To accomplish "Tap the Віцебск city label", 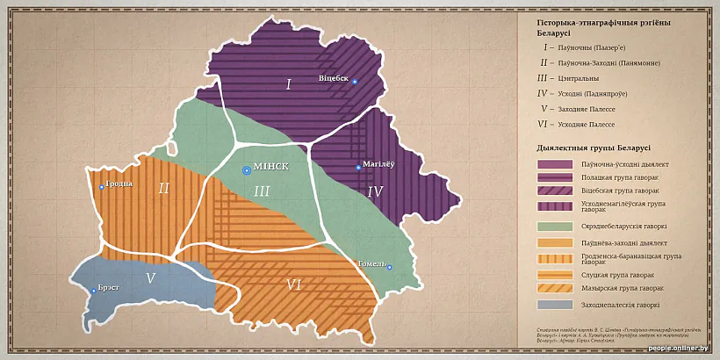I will pos(334,78).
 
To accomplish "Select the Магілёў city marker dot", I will pos(358,167).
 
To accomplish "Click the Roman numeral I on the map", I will pos(288,85).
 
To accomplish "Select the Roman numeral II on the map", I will pos(163,188).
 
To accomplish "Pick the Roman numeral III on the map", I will pos(262,191).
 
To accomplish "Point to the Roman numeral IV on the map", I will pos(375,191).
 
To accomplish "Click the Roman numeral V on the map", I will pos(150,278).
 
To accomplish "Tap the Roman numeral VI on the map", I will pos(294,284).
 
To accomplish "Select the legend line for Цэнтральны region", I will pos(579,77).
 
